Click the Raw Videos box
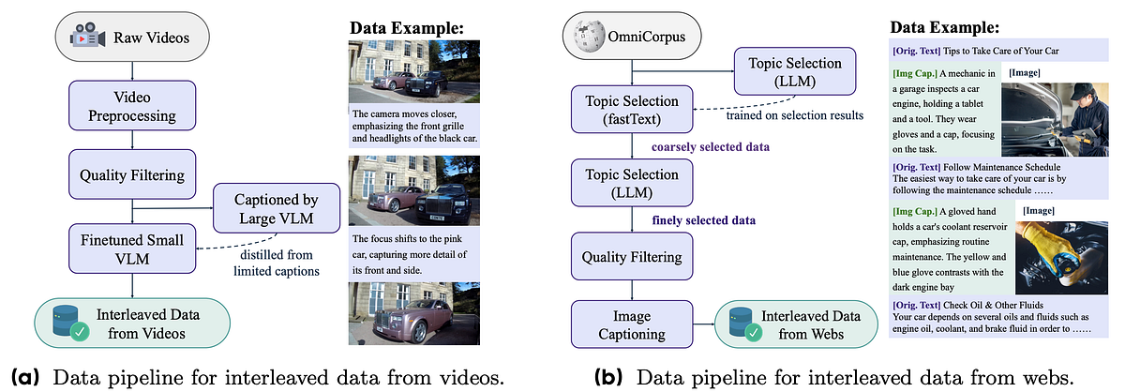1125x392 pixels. click(x=132, y=37)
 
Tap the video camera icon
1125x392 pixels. click(x=87, y=36)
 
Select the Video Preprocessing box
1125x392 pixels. click(x=132, y=106)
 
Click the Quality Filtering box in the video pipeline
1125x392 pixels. click(x=132, y=174)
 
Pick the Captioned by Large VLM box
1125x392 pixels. click(x=277, y=208)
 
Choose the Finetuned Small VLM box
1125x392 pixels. click(x=132, y=249)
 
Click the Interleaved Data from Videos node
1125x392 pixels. click(x=132, y=324)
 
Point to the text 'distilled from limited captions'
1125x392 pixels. click(x=277, y=263)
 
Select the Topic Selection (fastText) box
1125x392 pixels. click(x=632, y=110)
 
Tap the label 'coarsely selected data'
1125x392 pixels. click(x=711, y=146)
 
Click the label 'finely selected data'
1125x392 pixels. click(x=704, y=220)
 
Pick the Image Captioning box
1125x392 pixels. click(x=632, y=324)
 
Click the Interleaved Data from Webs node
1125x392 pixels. click(x=796, y=324)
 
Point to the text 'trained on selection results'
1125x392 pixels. click(x=795, y=115)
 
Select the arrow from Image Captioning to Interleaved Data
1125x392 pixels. click(x=704, y=324)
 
